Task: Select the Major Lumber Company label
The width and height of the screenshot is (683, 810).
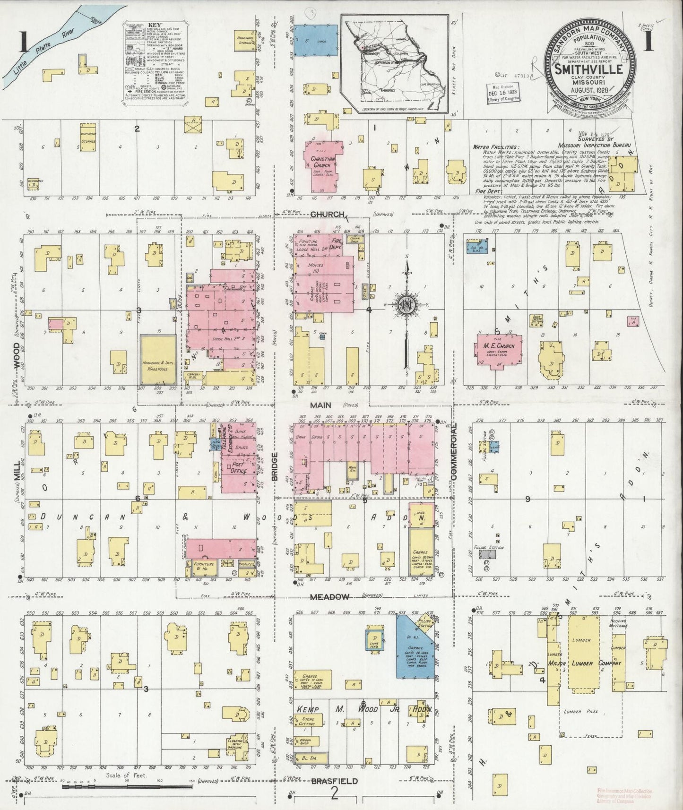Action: [x=583, y=663]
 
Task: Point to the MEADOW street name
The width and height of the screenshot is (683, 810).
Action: [x=329, y=597]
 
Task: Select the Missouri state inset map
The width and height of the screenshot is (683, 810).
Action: [x=395, y=63]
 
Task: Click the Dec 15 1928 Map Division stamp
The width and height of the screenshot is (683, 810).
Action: [x=503, y=92]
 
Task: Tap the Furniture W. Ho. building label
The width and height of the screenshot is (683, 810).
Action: [x=202, y=566]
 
